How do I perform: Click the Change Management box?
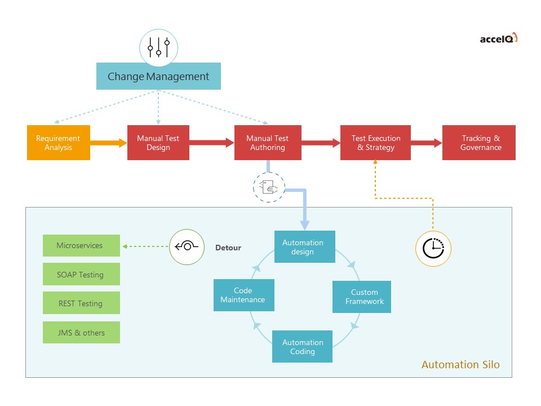pos(158,76)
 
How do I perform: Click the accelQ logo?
pos(498,38)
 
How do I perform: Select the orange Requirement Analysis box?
pos(59,143)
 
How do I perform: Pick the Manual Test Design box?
pos(158,143)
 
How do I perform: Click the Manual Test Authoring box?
pos(268,143)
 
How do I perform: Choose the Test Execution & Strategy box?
pos(375,143)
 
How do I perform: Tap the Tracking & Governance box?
pos(479,143)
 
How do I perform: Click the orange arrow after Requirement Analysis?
pos(108,143)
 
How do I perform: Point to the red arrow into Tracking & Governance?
pos(426,143)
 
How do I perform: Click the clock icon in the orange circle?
pos(433,248)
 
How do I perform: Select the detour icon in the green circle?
pos(187,247)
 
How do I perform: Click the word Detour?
pos(228,248)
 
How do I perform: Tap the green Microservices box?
pos(81,246)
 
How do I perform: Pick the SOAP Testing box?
pos(81,275)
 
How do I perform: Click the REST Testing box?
pos(81,303)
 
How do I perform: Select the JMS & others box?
pos(81,333)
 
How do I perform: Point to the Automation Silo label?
pos(460,365)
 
